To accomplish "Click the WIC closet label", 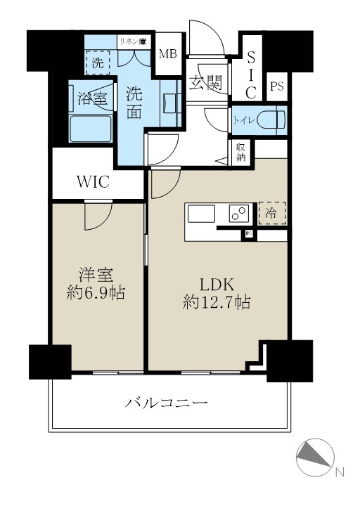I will (92, 182).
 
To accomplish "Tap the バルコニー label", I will (167, 403).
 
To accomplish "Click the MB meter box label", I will (167, 54).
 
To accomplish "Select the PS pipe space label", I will (277, 86).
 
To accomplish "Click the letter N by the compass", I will (338, 472).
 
